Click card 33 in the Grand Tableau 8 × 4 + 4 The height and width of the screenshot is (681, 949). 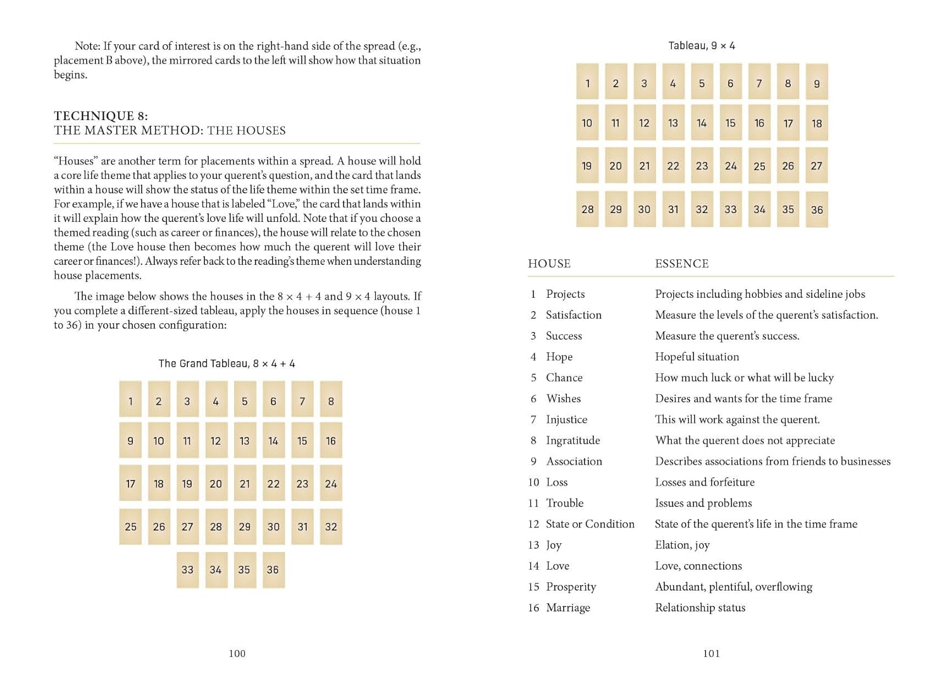point(187,569)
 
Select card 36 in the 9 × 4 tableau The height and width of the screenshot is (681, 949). point(817,209)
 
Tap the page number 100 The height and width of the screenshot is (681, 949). point(237,653)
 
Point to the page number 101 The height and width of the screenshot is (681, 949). point(712,653)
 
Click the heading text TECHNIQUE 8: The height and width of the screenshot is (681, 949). point(101,116)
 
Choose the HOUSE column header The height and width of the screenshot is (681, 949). point(549,264)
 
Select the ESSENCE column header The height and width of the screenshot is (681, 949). point(681,264)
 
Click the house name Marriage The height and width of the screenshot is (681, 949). point(568,608)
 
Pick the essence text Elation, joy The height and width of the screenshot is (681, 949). point(682,545)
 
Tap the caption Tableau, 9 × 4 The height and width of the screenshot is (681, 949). point(702,46)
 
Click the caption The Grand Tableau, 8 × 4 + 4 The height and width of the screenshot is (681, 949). point(226,364)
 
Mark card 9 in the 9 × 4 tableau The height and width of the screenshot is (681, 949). point(817,83)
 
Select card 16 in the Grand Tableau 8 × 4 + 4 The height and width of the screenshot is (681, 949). point(331,441)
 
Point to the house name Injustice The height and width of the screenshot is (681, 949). point(566,419)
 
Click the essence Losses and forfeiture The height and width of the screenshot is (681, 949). point(705,482)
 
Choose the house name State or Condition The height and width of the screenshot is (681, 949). point(590,524)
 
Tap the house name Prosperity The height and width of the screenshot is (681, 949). point(571,587)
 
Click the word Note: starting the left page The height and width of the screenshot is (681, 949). point(87,46)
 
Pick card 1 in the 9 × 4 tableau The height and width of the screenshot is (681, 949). point(587,83)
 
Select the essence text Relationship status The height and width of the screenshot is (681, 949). point(700,608)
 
